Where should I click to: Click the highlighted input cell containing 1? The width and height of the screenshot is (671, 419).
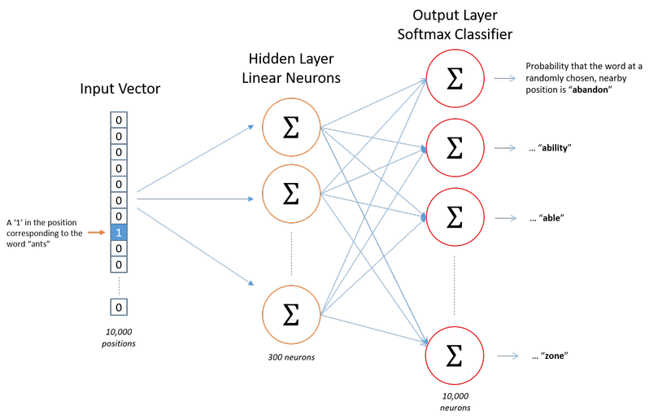coord(119,233)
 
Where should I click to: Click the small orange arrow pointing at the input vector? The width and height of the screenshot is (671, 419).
coord(97,233)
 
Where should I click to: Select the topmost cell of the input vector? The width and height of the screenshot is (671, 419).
coord(119,120)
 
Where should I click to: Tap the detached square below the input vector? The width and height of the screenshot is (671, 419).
coord(119,307)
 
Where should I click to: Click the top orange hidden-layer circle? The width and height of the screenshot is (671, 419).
coord(291,127)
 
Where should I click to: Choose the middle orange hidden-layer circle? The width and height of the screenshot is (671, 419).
coord(291,194)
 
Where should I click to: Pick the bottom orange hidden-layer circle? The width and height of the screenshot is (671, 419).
coord(291,314)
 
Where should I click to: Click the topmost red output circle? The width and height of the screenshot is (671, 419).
coord(455,78)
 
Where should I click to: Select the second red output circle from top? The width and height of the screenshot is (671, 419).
coord(455,147)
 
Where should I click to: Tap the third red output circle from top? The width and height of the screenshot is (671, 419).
coord(455,217)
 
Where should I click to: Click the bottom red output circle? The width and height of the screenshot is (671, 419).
coord(455,356)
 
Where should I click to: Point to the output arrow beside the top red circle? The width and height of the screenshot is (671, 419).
coord(505,78)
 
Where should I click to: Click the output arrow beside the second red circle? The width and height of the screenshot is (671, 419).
coord(505,148)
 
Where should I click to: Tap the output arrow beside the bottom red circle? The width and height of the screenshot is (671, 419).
coord(508,356)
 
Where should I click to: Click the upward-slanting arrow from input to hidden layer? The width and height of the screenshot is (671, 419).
coord(195,159)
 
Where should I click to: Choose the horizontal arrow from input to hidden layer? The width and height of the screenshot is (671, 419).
coord(195,199)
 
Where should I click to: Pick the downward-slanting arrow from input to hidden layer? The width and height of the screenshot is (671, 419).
coord(195,247)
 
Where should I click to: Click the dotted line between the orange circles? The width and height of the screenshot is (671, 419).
coord(291,253)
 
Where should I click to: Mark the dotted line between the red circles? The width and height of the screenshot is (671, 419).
coord(455,286)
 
